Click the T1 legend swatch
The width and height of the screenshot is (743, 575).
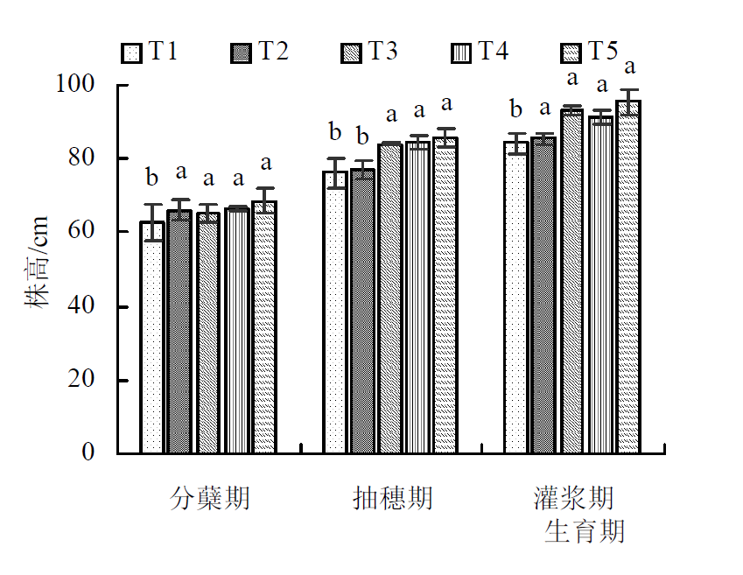click(x=130, y=53)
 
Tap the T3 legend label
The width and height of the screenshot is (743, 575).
click(x=382, y=52)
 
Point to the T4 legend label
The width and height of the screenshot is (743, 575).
click(x=492, y=52)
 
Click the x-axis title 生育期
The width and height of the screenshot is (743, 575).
click(x=585, y=530)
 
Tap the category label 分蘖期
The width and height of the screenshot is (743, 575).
click(x=209, y=499)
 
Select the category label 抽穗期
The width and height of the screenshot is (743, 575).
click(x=392, y=499)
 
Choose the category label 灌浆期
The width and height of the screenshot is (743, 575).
click(x=573, y=499)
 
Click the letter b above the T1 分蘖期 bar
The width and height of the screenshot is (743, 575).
click(x=152, y=179)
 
